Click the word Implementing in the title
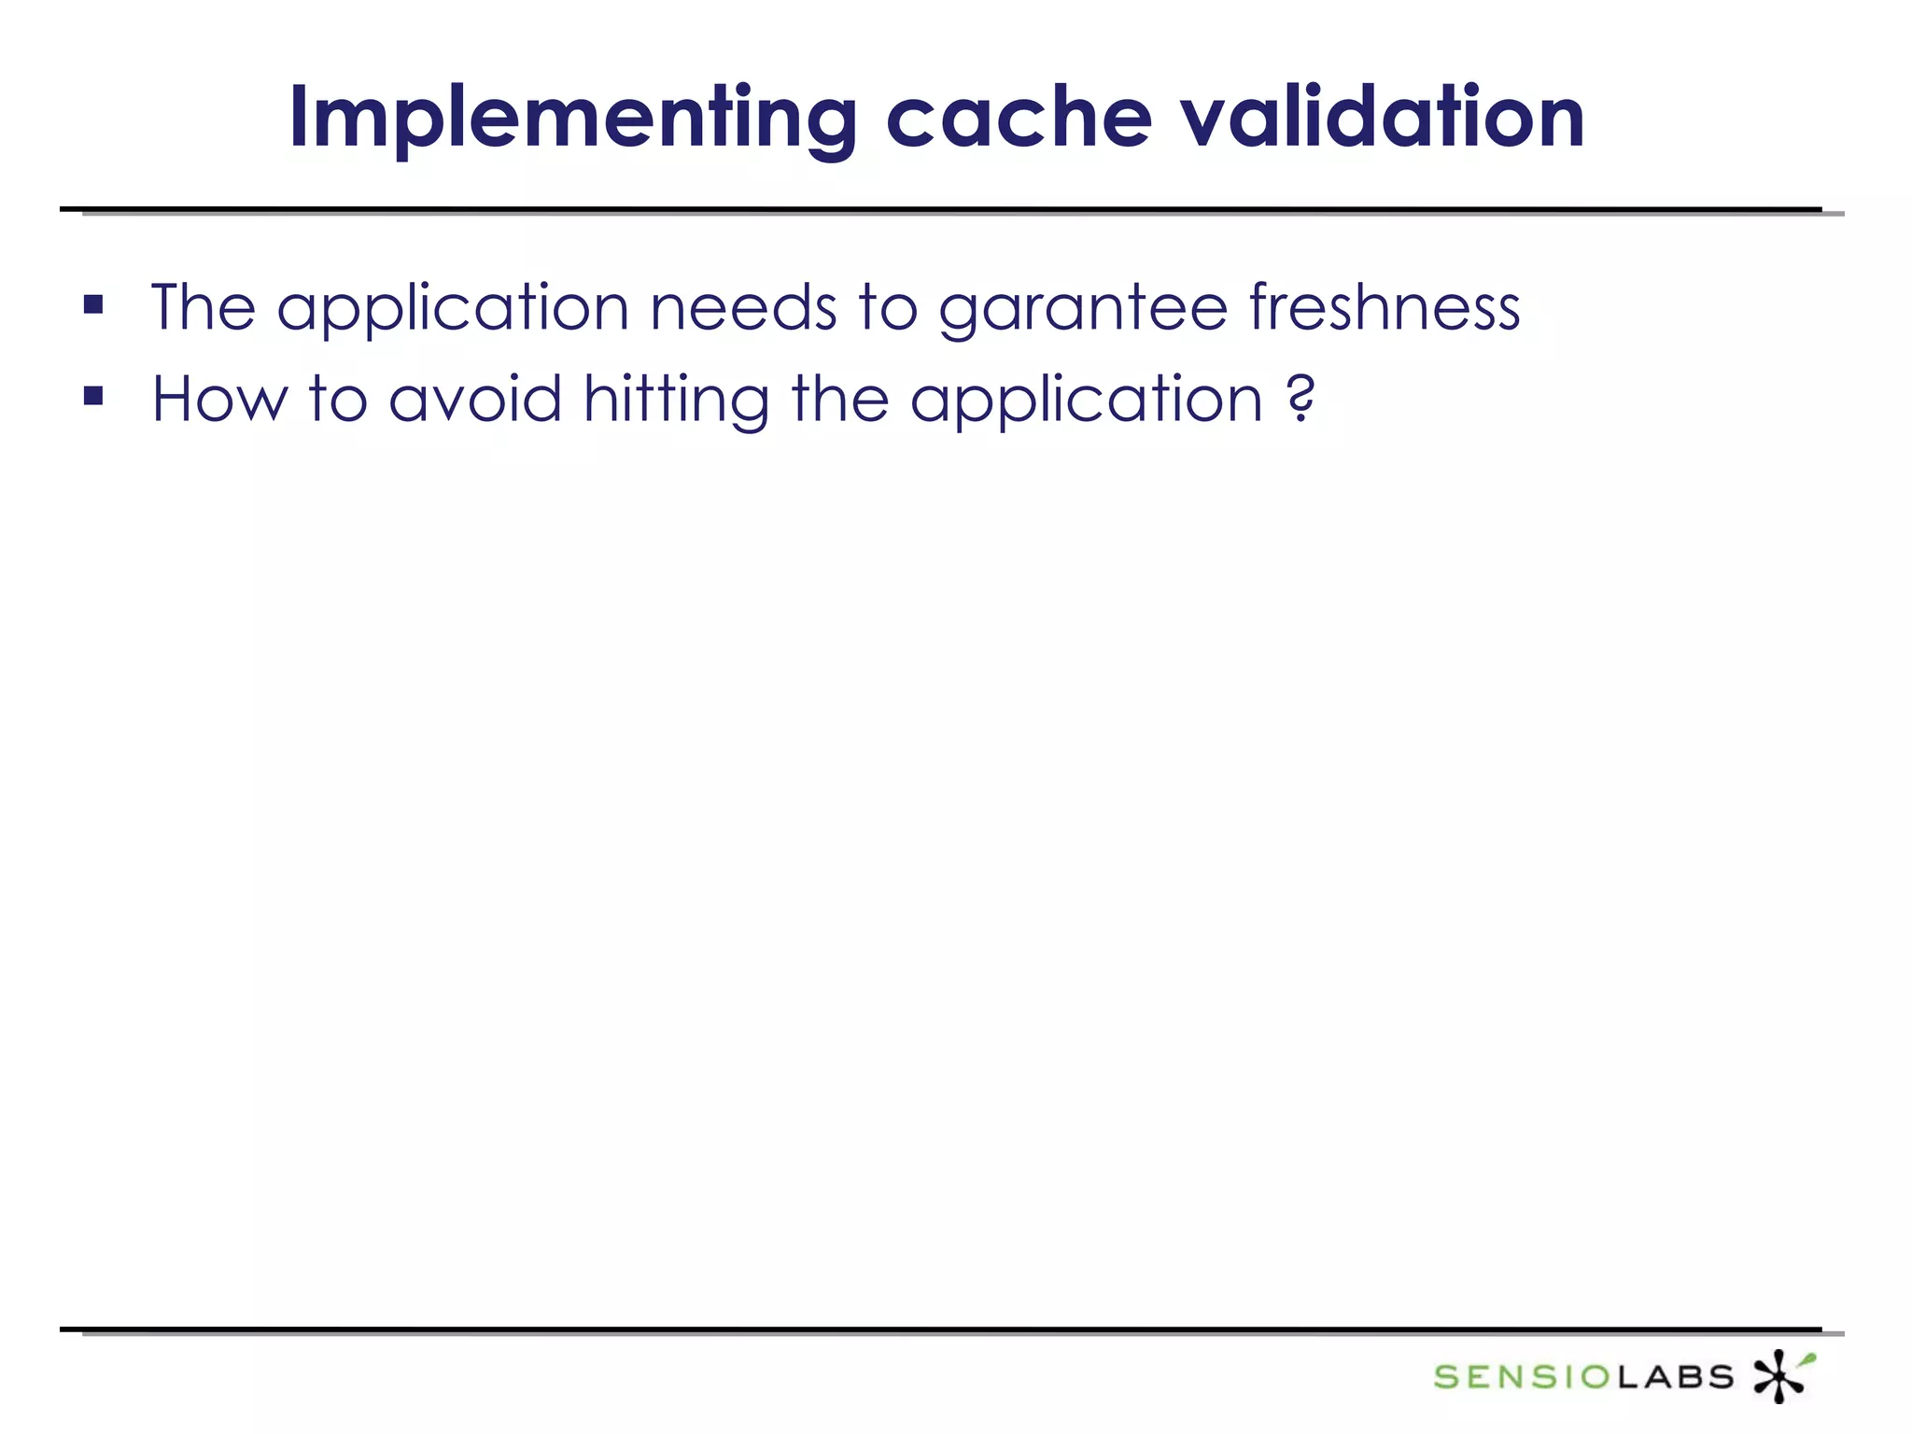coord(572,119)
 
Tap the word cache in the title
coord(1019,119)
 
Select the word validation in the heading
coord(1383,119)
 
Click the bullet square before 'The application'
coord(93,304)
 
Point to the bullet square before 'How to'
coord(93,397)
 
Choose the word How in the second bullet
coord(220,399)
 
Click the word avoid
coord(475,399)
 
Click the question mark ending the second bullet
coord(1300,399)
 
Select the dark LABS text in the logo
coord(1675,1377)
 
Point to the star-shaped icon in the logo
coord(1779,1375)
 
